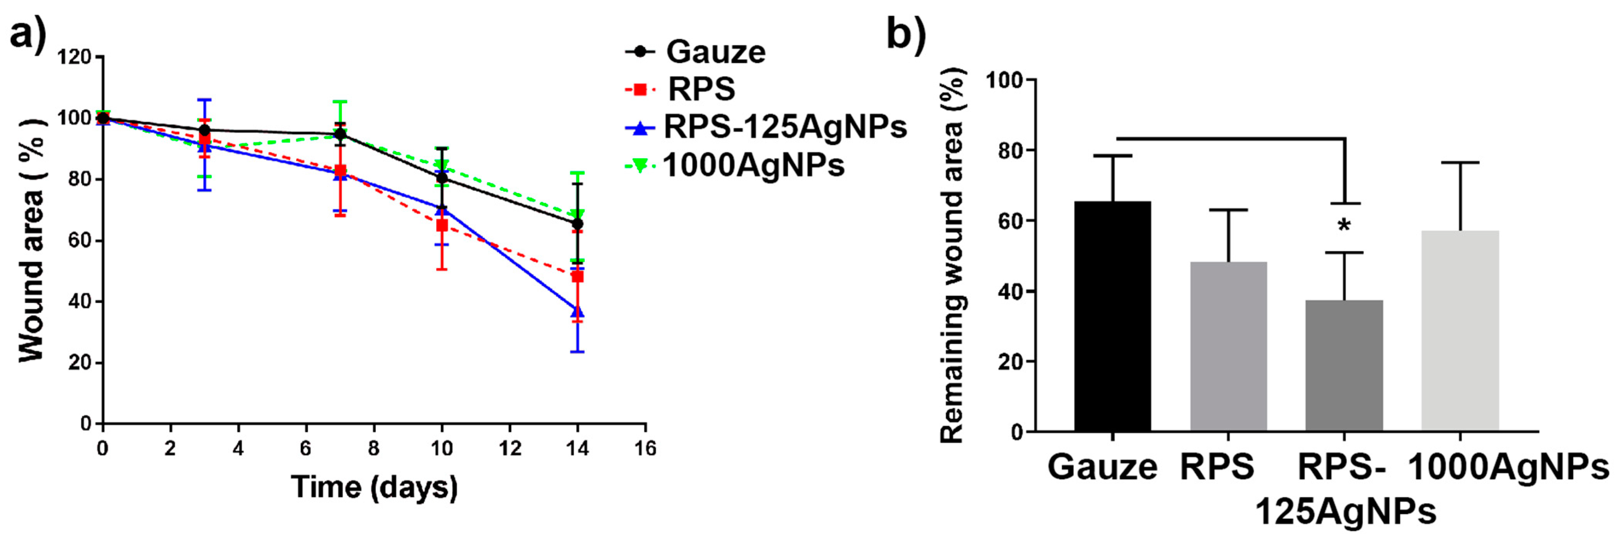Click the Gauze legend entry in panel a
(x=696, y=51)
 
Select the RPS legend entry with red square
(x=680, y=89)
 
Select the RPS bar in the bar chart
(x=1228, y=346)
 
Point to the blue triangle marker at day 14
(x=577, y=311)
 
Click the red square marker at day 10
(x=442, y=225)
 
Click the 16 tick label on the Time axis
(x=645, y=449)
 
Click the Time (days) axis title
(x=374, y=488)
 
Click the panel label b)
(x=906, y=33)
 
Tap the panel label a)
(x=28, y=33)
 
